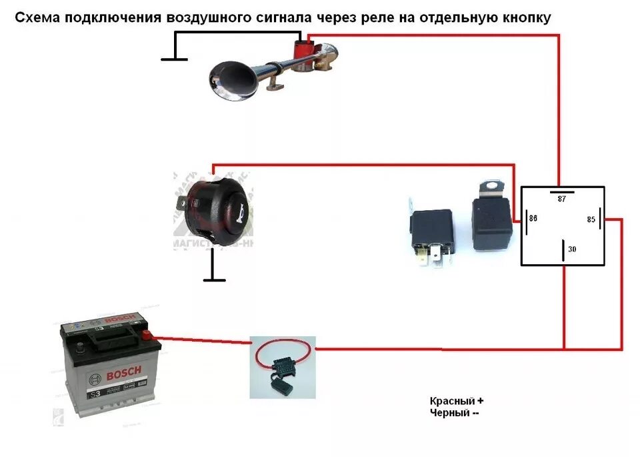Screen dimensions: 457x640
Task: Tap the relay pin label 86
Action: [x=533, y=217]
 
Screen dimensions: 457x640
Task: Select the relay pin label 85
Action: [x=591, y=218]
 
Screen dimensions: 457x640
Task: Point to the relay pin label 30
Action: [x=572, y=250]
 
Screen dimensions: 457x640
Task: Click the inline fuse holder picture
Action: [x=283, y=367]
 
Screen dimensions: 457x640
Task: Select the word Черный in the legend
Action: [x=450, y=413]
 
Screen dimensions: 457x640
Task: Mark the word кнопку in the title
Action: [x=527, y=18]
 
